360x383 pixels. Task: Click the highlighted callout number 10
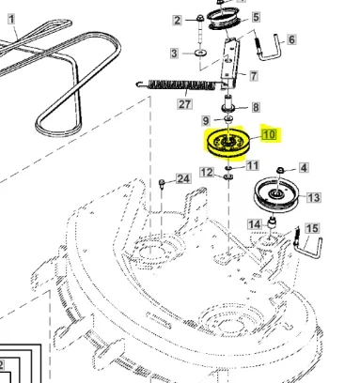[x=270, y=135]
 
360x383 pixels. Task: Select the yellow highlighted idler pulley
[x=228, y=143]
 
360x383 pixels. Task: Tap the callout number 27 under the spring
[x=185, y=104]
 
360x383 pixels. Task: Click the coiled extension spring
[x=180, y=85]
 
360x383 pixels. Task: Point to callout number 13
[x=314, y=197]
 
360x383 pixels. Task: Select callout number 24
[x=183, y=178]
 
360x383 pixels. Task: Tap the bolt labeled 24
[x=162, y=184]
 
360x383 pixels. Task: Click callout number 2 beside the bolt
[x=178, y=21]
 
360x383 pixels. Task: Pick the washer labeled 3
[x=200, y=53]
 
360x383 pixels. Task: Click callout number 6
[x=291, y=39]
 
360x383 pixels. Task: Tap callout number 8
[x=256, y=107]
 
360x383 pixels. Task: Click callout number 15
[x=312, y=228]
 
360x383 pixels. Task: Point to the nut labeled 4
[x=280, y=170]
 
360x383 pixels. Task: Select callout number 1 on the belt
[x=11, y=19]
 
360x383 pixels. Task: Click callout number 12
[x=207, y=172]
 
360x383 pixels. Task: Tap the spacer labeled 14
[x=273, y=223]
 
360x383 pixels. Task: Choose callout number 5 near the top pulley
[x=256, y=17]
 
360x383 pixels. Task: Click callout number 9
[x=206, y=120]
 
